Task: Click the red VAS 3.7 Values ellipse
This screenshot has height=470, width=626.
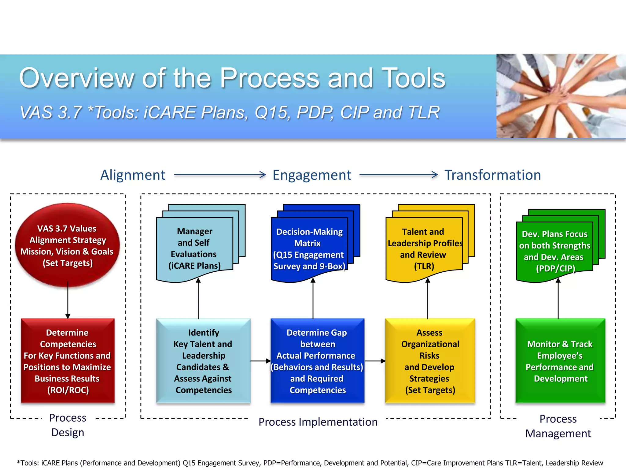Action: pyautogui.click(x=67, y=245)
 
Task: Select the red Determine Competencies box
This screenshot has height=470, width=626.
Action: pyautogui.click(x=68, y=361)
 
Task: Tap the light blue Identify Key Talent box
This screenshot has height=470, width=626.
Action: pyautogui.click(x=203, y=361)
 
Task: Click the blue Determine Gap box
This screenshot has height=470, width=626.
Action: pyautogui.click(x=317, y=361)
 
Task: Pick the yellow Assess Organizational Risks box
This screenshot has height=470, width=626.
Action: pyautogui.click(x=430, y=361)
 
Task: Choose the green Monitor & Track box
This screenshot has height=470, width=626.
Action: pyautogui.click(x=560, y=361)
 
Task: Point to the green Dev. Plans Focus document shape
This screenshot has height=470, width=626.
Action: pyautogui.click(x=554, y=251)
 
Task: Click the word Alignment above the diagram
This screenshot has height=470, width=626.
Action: pyautogui.click(x=133, y=175)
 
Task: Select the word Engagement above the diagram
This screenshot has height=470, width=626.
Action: pyautogui.click(x=312, y=175)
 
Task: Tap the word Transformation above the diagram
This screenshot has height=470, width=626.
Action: pyautogui.click(x=492, y=175)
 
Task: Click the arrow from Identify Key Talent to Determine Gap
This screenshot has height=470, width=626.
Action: pyautogui.click(x=260, y=361)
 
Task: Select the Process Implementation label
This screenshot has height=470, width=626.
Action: pyautogui.click(x=318, y=422)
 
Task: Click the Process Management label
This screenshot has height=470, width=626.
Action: pyautogui.click(x=558, y=426)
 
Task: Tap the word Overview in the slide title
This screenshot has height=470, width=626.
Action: pyautogui.click(x=76, y=78)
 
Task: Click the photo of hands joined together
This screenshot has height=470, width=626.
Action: pyautogui.click(x=561, y=96)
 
